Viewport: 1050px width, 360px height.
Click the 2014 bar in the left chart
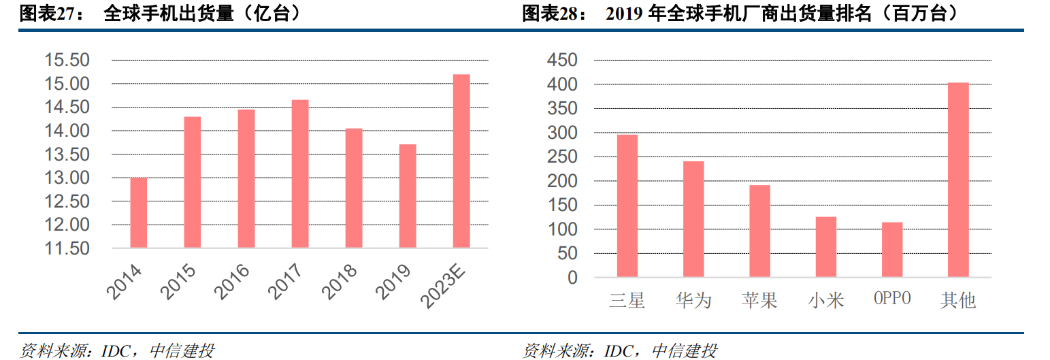click(138, 212)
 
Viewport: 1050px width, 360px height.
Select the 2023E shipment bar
click(461, 161)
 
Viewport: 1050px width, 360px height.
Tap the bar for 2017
click(299, 174)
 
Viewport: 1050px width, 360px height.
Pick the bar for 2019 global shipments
click(407, 196)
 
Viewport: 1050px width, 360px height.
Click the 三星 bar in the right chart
click(627, 206)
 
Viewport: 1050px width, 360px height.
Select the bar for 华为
click(693, 219)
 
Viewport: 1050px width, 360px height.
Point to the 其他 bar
click(958, 180)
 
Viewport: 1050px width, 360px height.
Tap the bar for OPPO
click(892, 250)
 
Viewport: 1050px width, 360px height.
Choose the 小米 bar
click(825, 247)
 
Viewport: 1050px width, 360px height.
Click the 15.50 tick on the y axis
click(67, 61)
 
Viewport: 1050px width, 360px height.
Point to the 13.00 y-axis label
click(67, 178)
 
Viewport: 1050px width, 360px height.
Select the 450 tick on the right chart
click(562, 61)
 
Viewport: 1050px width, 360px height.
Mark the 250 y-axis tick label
click(562, 157)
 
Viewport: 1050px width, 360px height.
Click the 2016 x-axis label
click(231, 282)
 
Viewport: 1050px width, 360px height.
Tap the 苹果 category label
click(759, 300)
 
